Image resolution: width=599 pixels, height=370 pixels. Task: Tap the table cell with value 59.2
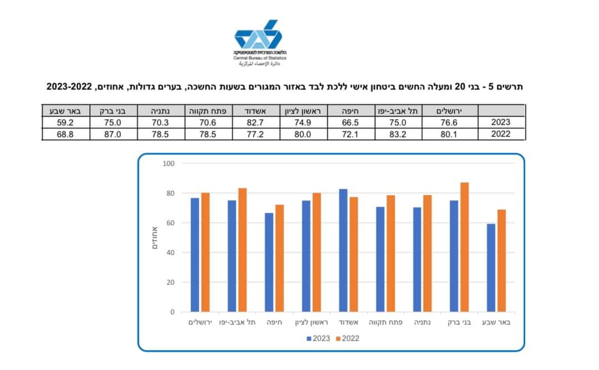(65, 123)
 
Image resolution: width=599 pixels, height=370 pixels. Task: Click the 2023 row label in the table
(501, 123)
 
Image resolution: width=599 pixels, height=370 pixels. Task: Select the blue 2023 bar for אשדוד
(343, 250)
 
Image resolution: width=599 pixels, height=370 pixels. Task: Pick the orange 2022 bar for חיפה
(280, 258)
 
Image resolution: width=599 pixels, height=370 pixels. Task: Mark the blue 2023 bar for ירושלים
(195, 255)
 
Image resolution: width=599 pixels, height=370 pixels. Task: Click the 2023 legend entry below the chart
(318, 338)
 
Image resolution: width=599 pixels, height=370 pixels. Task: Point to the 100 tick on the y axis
(169, 164)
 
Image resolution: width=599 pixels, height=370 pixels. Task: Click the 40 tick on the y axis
(170, 252)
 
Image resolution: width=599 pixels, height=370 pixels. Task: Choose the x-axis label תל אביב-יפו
(237, 322)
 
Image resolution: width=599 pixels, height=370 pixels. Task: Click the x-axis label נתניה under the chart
(423, 322)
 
